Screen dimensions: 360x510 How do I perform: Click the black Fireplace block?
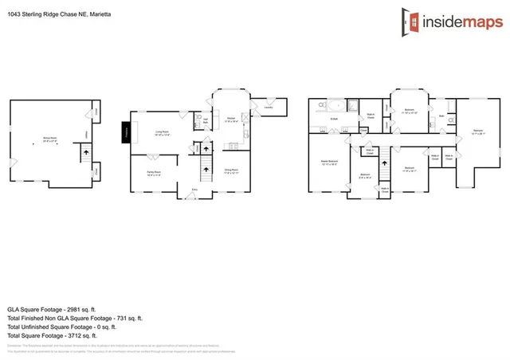126,132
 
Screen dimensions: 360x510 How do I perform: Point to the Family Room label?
154,172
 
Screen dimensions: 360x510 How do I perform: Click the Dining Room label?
233,170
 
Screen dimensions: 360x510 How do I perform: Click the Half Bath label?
205,120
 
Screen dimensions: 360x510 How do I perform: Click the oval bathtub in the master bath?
335,104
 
